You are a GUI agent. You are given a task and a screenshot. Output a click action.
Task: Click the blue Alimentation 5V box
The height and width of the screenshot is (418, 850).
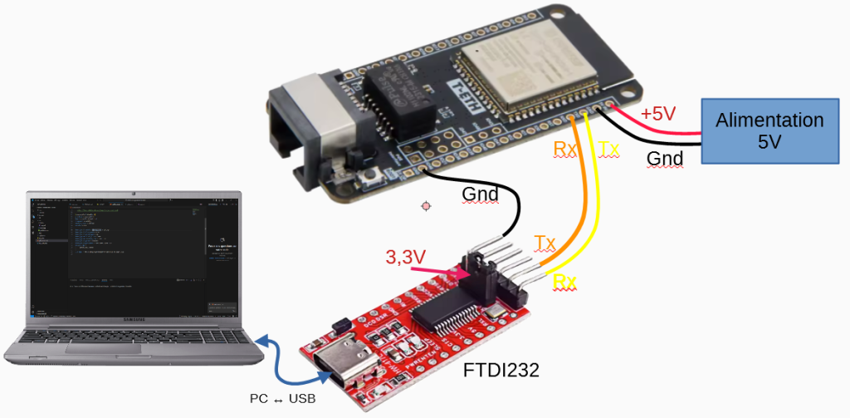(769, 130)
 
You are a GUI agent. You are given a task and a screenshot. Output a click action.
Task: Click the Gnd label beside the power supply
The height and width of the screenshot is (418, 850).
(665, 159)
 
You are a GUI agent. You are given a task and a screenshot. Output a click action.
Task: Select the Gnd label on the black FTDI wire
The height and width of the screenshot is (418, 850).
(480, 195)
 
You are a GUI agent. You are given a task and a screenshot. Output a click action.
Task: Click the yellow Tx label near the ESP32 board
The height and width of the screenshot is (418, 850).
(608, 149)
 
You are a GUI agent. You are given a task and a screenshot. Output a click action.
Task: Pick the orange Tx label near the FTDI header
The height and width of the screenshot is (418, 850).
(545, 243)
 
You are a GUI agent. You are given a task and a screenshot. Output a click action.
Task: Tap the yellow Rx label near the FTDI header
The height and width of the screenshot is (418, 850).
(564, 282)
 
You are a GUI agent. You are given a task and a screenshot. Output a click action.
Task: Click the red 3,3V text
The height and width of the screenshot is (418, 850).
(405, 258)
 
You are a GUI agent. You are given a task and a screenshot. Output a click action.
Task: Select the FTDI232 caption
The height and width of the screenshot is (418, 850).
(501, 370)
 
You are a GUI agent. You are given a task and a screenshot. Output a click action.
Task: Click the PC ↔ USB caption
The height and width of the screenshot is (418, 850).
(283, 399)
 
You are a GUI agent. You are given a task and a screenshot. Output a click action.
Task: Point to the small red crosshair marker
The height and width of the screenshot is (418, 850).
(427, 204)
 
